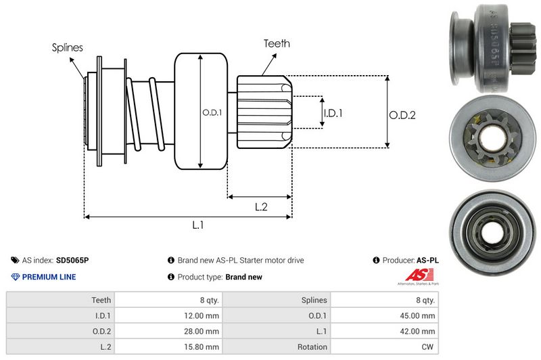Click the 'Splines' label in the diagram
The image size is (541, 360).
coord(68,47)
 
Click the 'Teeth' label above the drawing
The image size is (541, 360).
coord(277,43)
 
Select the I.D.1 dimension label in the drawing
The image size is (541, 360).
coord(333,114)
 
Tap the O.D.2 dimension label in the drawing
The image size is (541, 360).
coord(402,115)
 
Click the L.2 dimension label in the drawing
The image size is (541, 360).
coord(261,207)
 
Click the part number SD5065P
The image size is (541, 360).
coord(72,260)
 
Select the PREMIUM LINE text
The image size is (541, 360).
coord(49,277)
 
